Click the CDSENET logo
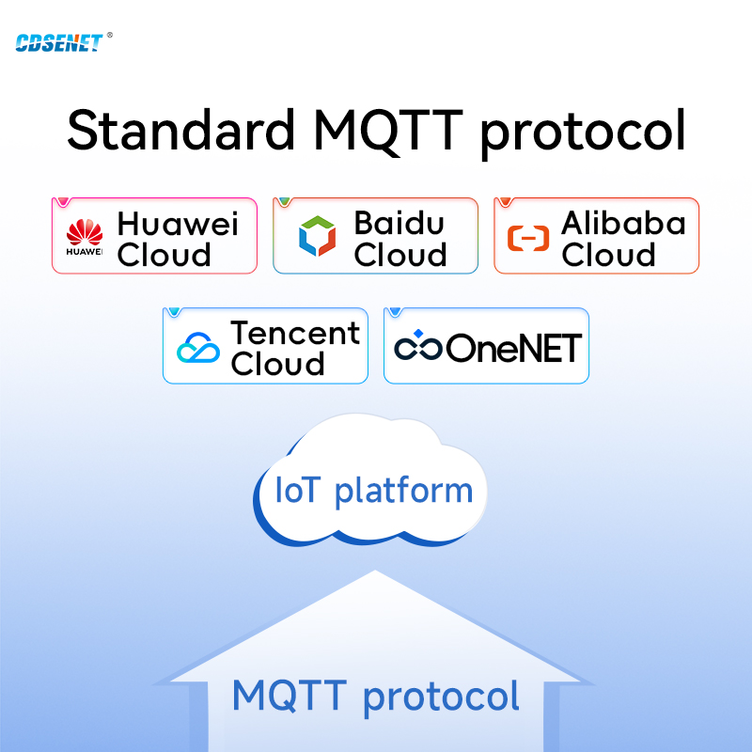(59, 42)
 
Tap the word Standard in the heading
(180, 130)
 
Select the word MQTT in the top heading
(388, 131)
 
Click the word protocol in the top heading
(583, 133)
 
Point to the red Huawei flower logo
(85, 232)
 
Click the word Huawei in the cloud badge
(178, 224)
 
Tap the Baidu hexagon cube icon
(317, 236)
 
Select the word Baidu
(399, 223)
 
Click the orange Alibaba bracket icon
(528, 238)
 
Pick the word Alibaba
(623, 223)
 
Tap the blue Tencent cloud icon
(198, 347)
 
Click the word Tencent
(295, 333)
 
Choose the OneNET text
(513, 348)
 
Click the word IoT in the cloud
(296, 490)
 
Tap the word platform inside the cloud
(403, 492)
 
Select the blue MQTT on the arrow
(290, 696)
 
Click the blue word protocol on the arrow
(441, 697)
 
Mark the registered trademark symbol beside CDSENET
(110, 35)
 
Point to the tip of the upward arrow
(375, 571)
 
